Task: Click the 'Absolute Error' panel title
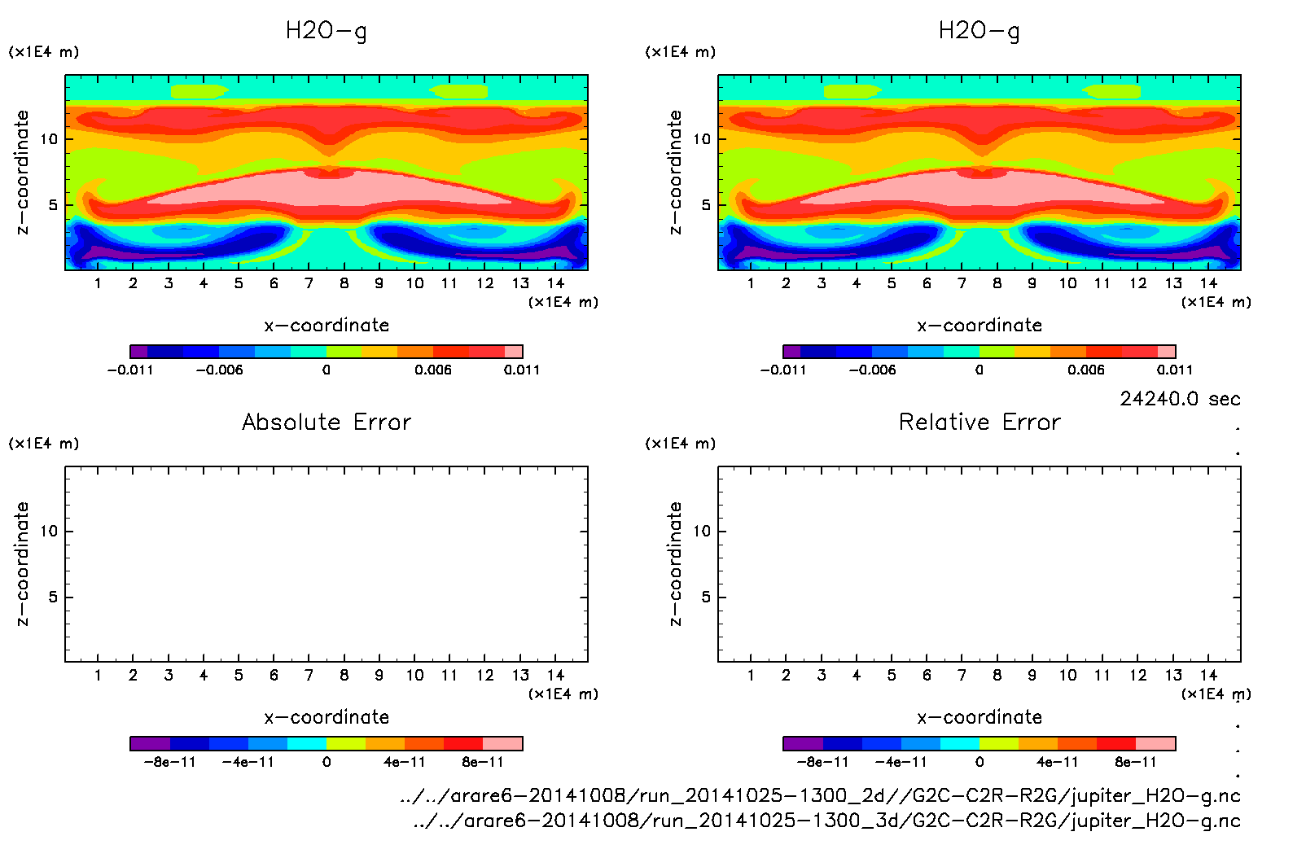[x=326, y=422]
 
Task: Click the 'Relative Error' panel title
[x=979, y=422]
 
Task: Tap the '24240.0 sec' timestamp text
[x=1180, y=399]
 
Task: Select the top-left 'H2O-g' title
[x=326, y=31]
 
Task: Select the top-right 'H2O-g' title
[x=979, y=31]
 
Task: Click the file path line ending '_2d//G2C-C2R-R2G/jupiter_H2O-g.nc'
[x=820, y=795]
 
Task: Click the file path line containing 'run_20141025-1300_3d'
[x=826, y=821]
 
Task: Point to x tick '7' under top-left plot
[x=309, y=283]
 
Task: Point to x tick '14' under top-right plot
[x=1208, y=283]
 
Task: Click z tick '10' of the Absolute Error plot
[x=50, y=532]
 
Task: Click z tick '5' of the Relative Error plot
[x=705, y=598]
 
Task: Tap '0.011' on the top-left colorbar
[x=521, y=370]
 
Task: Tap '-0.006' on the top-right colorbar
[x=872, y=370]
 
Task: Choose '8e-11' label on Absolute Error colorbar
[x=483, y=762]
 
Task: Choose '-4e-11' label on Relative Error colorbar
[x=901, y=762]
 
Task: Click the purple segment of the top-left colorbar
[x=139, y=352]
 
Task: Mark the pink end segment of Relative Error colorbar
[x=1155, y=743]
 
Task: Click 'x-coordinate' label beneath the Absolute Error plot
[x=326, y=717]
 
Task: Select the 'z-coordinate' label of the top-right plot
[x=675, y=173]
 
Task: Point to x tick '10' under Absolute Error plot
[x=415, y=675]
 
